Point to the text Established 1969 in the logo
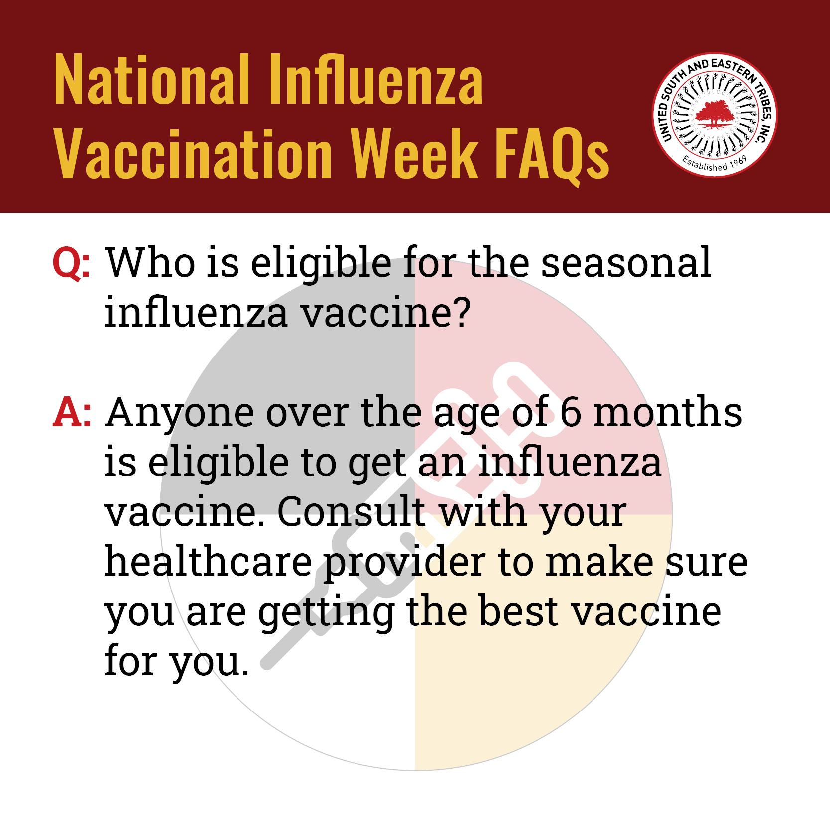[x=715, y=163]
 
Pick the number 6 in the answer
[x=570, y=412]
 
